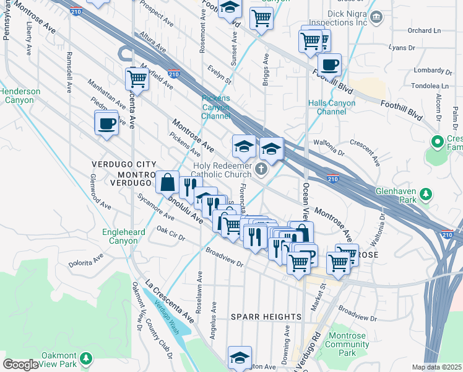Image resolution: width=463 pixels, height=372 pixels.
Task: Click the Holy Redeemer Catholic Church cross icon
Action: pyautogui.click(x=262, y=169)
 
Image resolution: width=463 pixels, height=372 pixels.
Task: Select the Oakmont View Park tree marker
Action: pyautogui.click(x=86, y=358)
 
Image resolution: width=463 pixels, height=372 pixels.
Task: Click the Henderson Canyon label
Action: pyautogui.click(x=20, y=95)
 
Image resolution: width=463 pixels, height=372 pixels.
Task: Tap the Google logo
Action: pyautogui.click(x=20, y=365)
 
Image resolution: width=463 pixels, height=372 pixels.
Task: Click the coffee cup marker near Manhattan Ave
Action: pyautogui.click(x=107, y=124)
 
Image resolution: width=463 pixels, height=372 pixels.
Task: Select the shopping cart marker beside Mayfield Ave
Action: pyautogui.click(x=137, y=79)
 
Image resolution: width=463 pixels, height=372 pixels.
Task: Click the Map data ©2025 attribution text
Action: pyautogui.click(x=437, y=367)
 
